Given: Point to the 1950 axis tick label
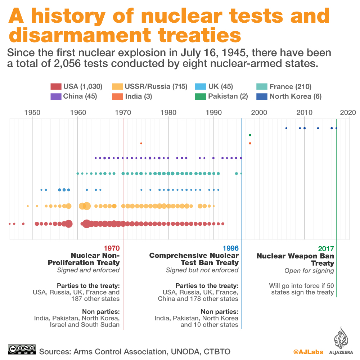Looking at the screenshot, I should [32, 112].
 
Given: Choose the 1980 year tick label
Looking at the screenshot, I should [168, 112].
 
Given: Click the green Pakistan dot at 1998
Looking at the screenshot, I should [250, 135].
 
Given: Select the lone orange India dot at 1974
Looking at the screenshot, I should [141, 143].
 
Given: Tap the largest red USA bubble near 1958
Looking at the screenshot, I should [68, 224].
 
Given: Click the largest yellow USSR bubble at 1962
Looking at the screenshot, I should [87, 206].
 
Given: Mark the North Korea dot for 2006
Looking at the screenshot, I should [286, 128].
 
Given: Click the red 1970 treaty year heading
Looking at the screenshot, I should [111, 248].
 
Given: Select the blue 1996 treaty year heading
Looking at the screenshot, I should [230, 248].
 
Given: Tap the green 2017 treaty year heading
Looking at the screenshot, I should [326, 248].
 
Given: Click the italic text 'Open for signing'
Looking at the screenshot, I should [309, 271].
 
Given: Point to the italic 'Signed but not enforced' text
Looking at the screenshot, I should [202, 270].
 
